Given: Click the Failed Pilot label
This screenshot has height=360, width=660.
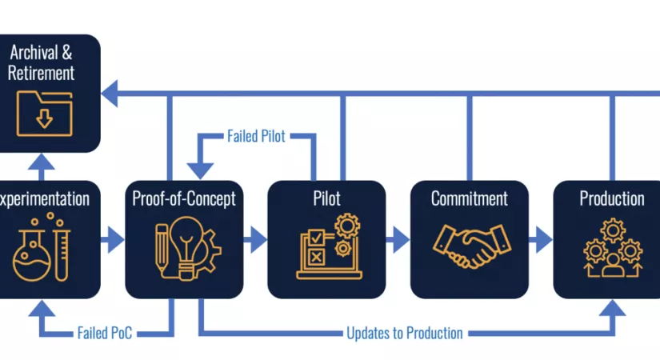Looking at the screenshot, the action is click(256, 136).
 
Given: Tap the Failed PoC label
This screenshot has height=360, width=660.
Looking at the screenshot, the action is click(105, 333).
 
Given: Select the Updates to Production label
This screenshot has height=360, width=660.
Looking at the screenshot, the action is click(405, 333).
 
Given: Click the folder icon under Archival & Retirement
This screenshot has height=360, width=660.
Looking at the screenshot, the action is click(44, 114).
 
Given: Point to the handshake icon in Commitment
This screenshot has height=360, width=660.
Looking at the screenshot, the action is click(472, 246).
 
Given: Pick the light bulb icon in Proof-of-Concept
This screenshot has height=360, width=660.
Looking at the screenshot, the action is click(186, 247).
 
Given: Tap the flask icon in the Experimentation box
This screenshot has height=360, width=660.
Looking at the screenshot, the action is click(31, 257).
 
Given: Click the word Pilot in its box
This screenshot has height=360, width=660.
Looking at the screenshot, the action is click(326, 198).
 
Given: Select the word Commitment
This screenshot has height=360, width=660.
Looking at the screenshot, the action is click(470, 198).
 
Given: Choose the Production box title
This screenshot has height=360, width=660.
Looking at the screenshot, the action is click(612, 198).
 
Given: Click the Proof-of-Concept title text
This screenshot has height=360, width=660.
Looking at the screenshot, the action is click(184, 198).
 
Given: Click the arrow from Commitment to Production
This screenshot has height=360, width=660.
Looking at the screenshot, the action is click(541, 239).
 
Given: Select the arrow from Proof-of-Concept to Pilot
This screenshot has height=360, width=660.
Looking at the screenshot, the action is click(255, 239).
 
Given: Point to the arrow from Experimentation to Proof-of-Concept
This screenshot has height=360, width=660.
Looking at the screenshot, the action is click(112, 239).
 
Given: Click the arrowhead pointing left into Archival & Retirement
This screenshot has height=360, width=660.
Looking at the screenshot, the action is click(110, 93).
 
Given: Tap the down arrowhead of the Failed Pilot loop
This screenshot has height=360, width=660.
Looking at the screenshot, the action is click(200, 171).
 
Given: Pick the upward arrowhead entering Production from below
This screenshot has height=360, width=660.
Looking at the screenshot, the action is click(612, 308).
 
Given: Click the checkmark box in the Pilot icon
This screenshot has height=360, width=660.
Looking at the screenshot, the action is click(317, 238).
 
